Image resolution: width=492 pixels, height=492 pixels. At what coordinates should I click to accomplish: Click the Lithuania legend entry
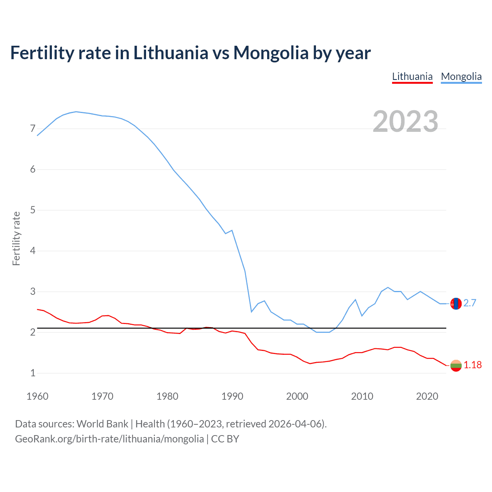412,76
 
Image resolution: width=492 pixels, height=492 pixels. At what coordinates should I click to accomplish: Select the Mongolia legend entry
461,76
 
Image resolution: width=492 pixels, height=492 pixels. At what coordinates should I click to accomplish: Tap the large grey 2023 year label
406,121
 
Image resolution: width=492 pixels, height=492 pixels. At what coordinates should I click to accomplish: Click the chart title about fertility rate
190,53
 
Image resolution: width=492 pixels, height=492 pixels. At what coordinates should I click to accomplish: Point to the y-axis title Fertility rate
16,238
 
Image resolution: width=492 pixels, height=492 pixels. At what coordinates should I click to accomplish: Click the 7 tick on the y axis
33,128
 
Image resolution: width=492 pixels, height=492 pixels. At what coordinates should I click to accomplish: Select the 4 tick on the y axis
33,251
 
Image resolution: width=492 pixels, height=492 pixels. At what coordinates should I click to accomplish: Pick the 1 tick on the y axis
33,373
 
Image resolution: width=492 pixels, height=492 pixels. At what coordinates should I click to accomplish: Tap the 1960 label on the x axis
37,396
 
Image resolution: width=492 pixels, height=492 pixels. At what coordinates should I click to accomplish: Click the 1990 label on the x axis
232,396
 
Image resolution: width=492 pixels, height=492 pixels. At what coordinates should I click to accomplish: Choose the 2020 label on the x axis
427,396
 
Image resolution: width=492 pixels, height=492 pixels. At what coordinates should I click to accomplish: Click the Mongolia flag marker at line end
456,304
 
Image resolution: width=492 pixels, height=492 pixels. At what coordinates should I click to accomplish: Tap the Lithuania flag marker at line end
456,366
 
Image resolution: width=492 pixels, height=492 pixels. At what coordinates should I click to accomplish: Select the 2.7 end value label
470,303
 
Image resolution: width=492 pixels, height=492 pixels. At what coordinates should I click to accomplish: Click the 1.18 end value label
472,365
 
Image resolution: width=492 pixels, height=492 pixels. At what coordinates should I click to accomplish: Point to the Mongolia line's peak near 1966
76,111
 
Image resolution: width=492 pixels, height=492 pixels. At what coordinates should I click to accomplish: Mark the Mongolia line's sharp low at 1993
251,311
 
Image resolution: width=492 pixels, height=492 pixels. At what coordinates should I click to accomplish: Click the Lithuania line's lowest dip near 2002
310,363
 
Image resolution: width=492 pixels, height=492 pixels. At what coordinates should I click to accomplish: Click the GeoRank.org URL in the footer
110,439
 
